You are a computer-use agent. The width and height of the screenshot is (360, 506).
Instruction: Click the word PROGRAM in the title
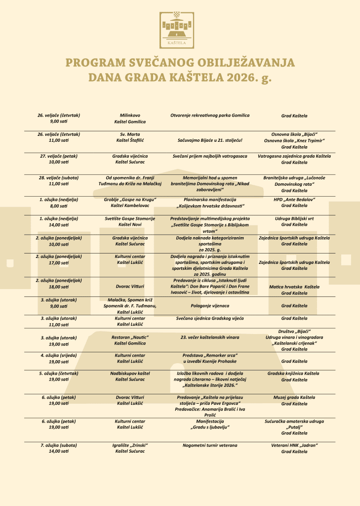pos(94,63)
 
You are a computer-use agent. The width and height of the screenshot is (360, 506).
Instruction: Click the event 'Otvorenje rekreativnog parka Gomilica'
pos(210,115)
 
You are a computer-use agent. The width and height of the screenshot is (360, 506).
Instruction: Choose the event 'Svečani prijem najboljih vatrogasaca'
pos(210,156)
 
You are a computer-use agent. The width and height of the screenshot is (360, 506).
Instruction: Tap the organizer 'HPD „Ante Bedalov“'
pos(294,199)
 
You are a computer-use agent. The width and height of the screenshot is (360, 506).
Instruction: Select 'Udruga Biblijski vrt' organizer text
pos(294,218)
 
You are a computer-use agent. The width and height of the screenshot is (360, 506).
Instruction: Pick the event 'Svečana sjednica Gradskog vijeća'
pos(210,319)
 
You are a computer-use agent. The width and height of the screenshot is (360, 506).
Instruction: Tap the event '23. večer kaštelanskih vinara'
pos(210,337)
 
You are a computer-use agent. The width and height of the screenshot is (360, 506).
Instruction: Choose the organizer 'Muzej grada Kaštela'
pos(294,397)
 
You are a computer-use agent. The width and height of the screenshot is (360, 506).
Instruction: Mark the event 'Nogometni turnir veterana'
pos(210,445)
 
